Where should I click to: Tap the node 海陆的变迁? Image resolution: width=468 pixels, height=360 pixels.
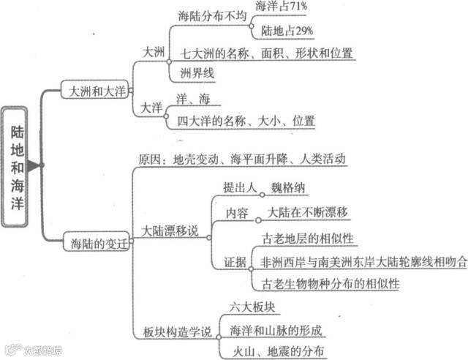(x=96, y=241)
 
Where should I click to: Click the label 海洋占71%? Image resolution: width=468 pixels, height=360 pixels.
(x=282, y=7)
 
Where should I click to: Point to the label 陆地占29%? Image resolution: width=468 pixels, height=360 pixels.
(x=287, y=30)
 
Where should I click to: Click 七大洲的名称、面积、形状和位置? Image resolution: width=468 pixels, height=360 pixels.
(x=266, y=53)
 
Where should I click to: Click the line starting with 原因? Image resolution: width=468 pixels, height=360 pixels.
(x=241, y=159)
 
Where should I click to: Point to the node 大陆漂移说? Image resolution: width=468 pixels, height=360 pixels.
(x=170, y=231)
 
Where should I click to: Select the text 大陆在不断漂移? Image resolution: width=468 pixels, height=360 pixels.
(x=306, y=212)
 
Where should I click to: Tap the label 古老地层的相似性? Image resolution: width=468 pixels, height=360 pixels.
(x=307, y=239)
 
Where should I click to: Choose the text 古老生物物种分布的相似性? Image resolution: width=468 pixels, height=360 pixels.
(x=328, y=282)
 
